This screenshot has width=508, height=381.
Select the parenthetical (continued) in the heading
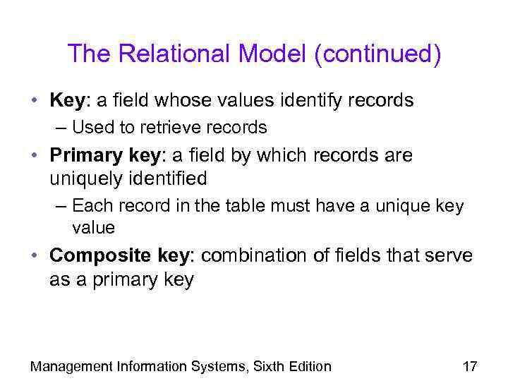click(379, 55)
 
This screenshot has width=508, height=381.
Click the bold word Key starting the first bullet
click(67, 100)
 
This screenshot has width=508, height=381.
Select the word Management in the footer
click(71, 366)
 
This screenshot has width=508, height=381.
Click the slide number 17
click(469, 366)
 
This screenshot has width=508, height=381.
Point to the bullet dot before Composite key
click(35, 255)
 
